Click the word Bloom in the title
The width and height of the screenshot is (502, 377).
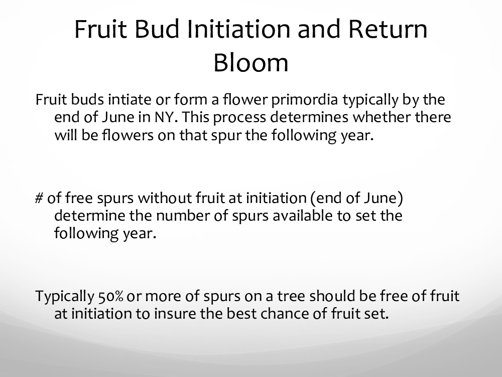click(x=251, y=62)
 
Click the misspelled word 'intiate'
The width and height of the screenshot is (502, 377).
click(x=129, y=100)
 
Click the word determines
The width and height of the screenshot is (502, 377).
click(x=309, y=117)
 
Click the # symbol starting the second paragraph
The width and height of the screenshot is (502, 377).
click(x=39, y=198)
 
